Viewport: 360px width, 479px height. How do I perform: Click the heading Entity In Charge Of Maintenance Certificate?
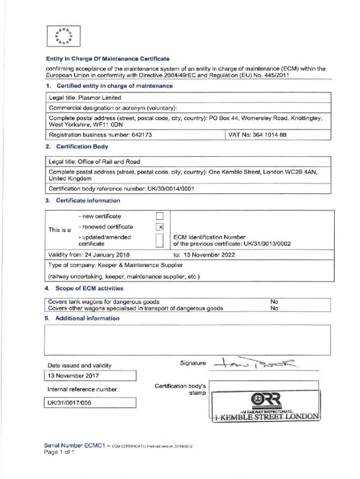[107, 59]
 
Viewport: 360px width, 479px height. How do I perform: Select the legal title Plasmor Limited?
[100, 98]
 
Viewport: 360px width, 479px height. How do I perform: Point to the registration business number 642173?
[138, 135]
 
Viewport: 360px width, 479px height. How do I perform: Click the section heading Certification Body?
[82, 147]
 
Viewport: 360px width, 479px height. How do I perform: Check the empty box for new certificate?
[159, 216]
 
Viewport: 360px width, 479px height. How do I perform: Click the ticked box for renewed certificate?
[159, 227]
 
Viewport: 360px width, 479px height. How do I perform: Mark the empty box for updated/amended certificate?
[159, 240]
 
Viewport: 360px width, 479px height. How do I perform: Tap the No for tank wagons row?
[274, 302]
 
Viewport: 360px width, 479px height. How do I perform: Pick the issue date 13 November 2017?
[73, 376]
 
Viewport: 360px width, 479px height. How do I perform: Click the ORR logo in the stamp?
[266, 399]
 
